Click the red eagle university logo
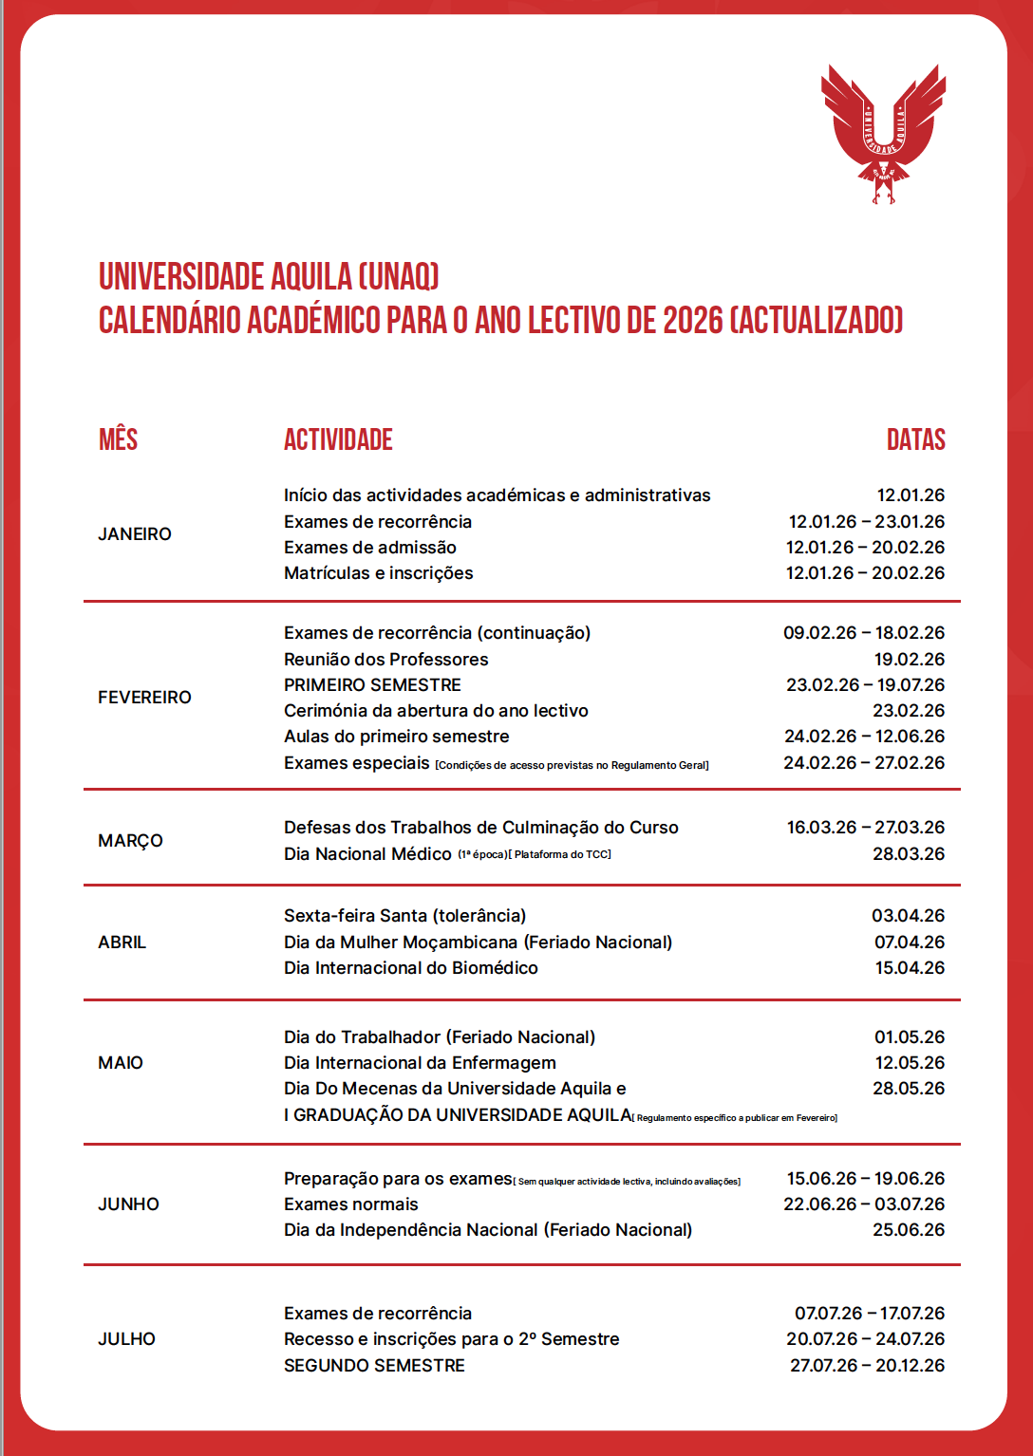pyautogui.click(x=883, y=133)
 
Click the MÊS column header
pyautogui.click(x=119, y=439)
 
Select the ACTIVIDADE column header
pyautogui.click(x=338, y=439)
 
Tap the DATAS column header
pyautogui.click(x=915, y=439)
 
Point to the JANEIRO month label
pyautogui.click(x=135, y=534)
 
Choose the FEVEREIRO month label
pyautogui.click(x=144, y=698)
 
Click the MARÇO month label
pyautogui.click(x=130, y=841)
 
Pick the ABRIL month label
pyautogui.click(x=122, y=943)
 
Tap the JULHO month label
pyautogui.click(x=126, y=1339)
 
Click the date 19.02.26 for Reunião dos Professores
pyautogui.click(x=909, y=660)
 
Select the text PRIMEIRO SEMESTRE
pyautogui.click(x=372, y=685)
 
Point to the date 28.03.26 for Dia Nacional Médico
pyautogui.click(x=909, y=854)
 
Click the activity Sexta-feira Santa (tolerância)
pyautogui.click(x=404, y=916)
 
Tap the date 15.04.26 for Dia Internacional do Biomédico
pyautogui.click(x=909, y=968)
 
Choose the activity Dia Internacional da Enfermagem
pyautogui.click(x=420, y=1063)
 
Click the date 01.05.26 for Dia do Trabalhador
pyautogui.click(x=909, y=1037)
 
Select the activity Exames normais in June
pyautogui.click(x=350, y=1204)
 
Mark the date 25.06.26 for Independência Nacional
pyautogui.click(x=909, y=1230)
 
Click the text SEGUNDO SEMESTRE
pyautogui.click(x=374, y=1366)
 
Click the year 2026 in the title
pyautogui.click(x=692, y=321)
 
